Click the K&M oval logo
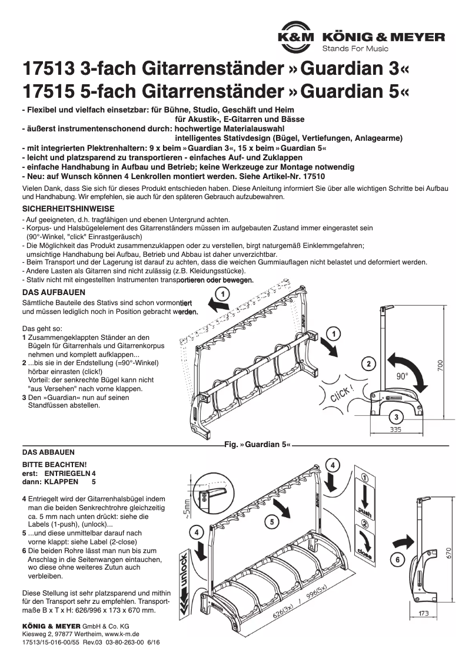298,37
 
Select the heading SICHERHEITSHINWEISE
68,209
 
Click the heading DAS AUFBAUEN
54,292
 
